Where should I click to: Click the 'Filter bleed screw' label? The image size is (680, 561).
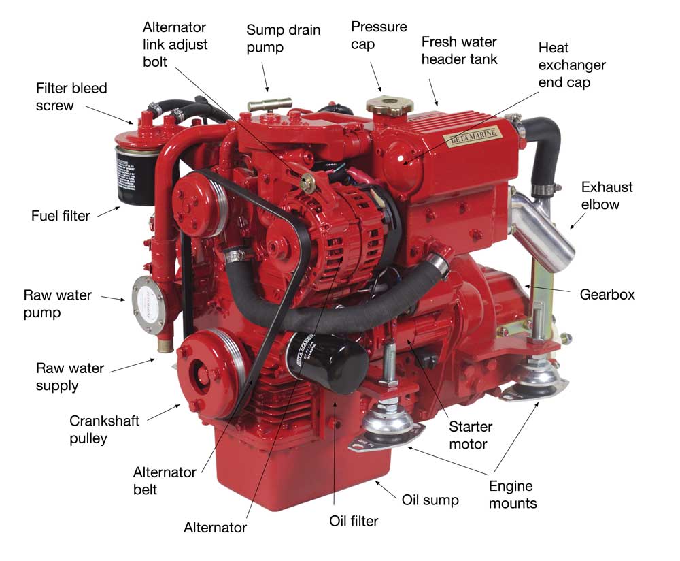point(71,97)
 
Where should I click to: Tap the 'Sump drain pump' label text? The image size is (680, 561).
point(283,39)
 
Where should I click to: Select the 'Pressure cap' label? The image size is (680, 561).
point(379,36)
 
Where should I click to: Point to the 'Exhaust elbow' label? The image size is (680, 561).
point(607,195)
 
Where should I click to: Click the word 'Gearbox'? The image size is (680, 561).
point(607,295)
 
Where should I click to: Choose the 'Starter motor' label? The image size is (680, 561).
point(471,436)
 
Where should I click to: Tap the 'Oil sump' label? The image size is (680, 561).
point(430,500)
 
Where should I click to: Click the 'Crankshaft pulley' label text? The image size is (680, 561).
point(104,430)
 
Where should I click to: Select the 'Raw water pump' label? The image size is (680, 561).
point(52,304)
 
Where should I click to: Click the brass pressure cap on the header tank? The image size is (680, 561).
point(390,106)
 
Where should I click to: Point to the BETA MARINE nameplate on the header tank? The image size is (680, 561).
point(472,138)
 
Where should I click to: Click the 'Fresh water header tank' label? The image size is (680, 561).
point(459,50)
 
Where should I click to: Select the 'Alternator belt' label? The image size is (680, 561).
point(164,480)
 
